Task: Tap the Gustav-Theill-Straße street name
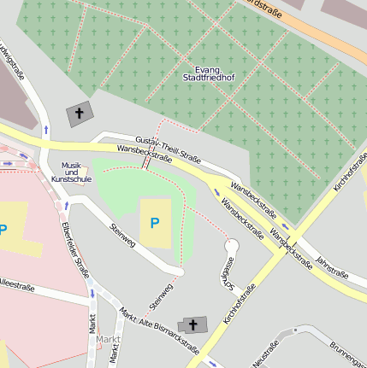[168, 148]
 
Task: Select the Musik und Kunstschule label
[71, 173]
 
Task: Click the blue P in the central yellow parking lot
[155, 224]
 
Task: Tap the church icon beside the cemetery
[80, 114]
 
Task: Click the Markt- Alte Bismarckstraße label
[159, 330]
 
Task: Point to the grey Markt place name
[107, 340]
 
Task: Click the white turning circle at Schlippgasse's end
[230, 246]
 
